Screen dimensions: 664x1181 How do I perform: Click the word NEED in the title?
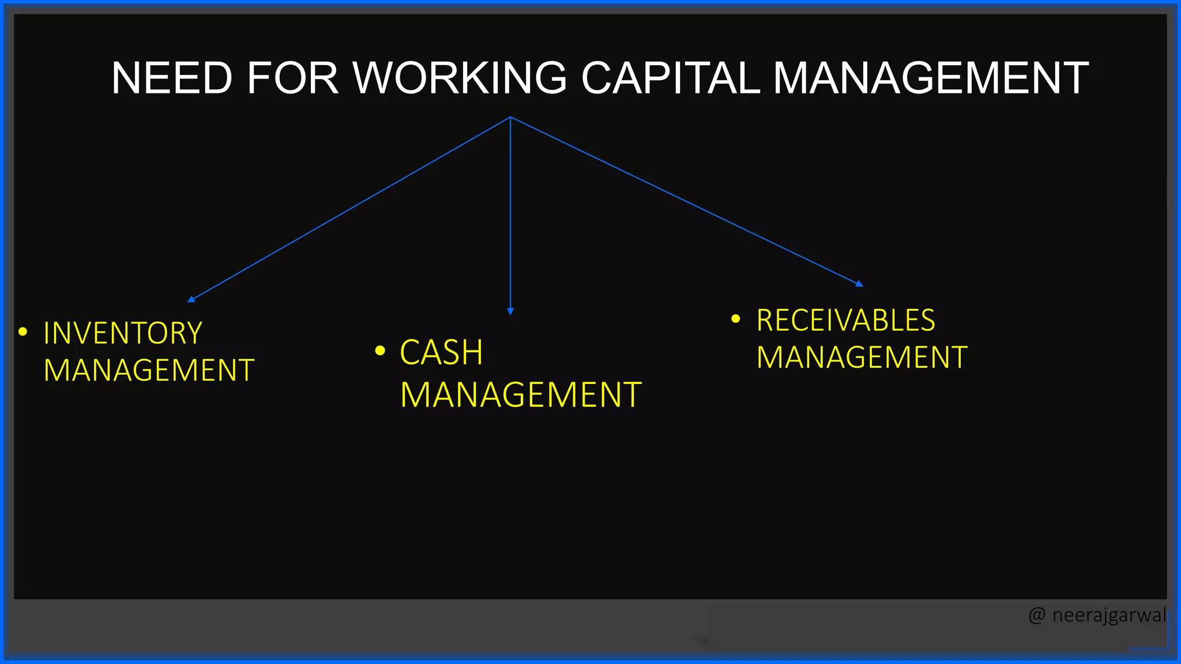pyautogui.click(x=171, y=78)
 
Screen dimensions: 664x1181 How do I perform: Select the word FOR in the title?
pyautogui.click(x=292, y=78)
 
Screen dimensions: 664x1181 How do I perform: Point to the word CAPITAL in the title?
pyautogui.click(x=670, y=78)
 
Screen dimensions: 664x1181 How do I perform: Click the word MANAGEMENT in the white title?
pyautogui.click(x=930, y=78)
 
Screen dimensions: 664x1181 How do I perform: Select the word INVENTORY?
pyautogui.click(x=123, y=334)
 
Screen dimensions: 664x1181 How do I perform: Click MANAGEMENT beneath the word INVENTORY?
pyautogui.click(x=149, y=371)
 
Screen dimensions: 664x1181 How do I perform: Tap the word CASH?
pyautogui.click(x=441, y=353)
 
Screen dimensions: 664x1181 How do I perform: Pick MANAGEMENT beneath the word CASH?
pyautogui.click(x=521, y=395)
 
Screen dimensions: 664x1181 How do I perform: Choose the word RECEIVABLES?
pyautogui.click(x=845, y=320)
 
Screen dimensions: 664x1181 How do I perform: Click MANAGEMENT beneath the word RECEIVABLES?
pyautogui.click(x=862, y=357)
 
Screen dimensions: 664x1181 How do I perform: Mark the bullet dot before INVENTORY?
pyautogui.click(x=23, y=331)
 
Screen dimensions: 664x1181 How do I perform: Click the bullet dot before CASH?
pyautogui.click(x=379, y=350)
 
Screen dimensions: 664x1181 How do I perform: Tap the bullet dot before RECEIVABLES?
pyautogui.click(x=735, y=318)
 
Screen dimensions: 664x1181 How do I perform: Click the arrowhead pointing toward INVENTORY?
pyautogui.click(x=191, y=299)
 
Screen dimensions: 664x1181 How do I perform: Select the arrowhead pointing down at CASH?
pyautogui.click(x=510, y=311)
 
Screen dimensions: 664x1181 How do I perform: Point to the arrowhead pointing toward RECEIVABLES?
pyautogui.click(x=859, y=284)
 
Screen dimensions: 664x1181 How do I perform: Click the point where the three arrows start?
pyautogui.click(x=510, y=117)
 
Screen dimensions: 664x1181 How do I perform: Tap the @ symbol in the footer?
pyautogui.click(x=1036, y=616)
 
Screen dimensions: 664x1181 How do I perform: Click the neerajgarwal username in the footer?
pyautogui.click(x=1109, y=616)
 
